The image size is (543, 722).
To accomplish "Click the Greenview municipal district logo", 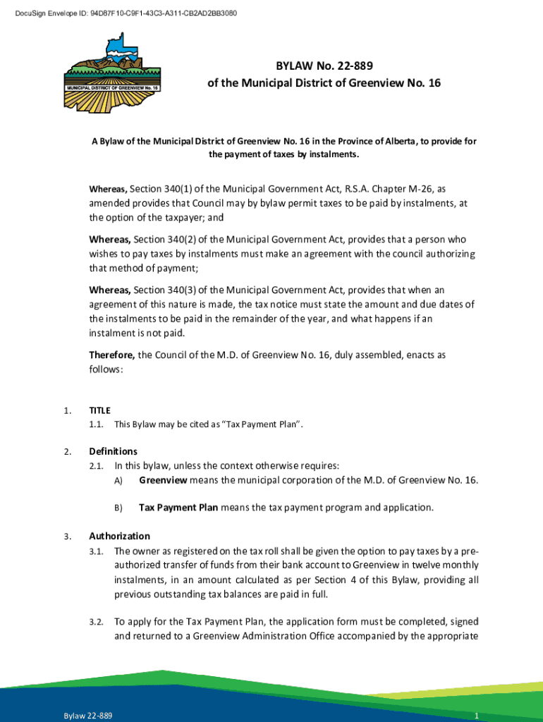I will pos(114,71).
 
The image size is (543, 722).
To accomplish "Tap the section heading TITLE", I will pos(99,410).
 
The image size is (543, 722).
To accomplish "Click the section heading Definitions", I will pos(113,451).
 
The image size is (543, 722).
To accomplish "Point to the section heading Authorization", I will pos(119,536).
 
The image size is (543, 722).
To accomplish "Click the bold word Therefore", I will pos(112,355).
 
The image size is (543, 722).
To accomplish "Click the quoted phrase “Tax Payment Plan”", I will pos(270,424).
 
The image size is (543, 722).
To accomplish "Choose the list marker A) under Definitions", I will pos(118,481).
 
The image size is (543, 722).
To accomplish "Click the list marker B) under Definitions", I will pos(118,508).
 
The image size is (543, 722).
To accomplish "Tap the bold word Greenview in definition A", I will pos(163,480).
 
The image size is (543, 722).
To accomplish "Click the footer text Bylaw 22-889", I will pos(87,716).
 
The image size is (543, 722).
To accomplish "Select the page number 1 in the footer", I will pos(477,716).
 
